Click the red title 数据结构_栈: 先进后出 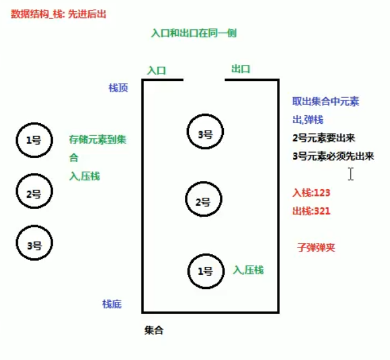[x=58, y=15]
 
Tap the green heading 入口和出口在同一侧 [x=193, y=33]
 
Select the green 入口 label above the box [x=157, y=71]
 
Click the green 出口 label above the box [x=241, y=69]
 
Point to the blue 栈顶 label [x=118, y=88]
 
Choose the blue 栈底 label [x=112, y=304]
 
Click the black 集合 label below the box [x=154, y=330]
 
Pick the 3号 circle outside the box [x=34, y=245]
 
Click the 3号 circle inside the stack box [x=205, y=133]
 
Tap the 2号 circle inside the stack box [x=203, y=201]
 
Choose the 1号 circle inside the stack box [x=205, y=271]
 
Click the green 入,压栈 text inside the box [x=248, y=270]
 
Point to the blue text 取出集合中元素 [x=326, y=102]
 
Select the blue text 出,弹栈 [x=307, y=120]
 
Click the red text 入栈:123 [x=311, y=193]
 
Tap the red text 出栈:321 [x=311, y=211]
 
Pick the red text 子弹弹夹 [x=315, y=247]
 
